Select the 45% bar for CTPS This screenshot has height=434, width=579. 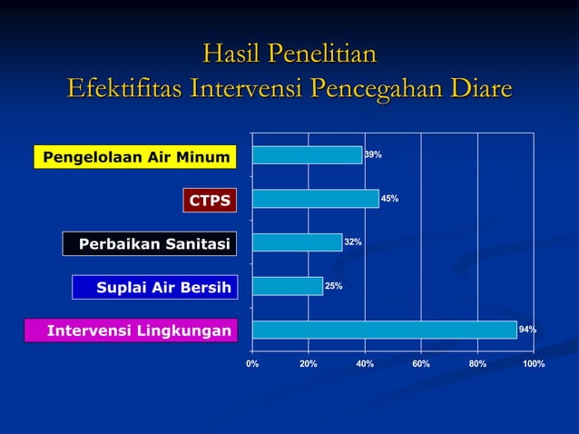click(315, 198)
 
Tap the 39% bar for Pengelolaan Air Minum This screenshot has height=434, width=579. click(307, 155)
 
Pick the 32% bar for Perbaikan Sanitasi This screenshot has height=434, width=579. click(297, 242)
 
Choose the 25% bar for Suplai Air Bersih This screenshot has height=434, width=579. click(287, 286)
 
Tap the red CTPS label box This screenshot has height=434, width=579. click(209, 200)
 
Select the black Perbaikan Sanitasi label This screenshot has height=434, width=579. click(149, 243)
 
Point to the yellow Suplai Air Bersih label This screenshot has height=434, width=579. click(152, 288)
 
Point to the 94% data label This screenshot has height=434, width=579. click(527, 330)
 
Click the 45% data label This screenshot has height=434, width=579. click(389, 198)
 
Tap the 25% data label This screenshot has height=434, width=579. click(333, 286)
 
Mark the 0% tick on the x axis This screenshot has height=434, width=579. click(252, 363)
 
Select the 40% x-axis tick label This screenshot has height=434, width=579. click(365, 363)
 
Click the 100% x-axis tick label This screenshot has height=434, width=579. click(534, 363)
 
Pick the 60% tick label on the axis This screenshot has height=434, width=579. click(421, 363)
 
